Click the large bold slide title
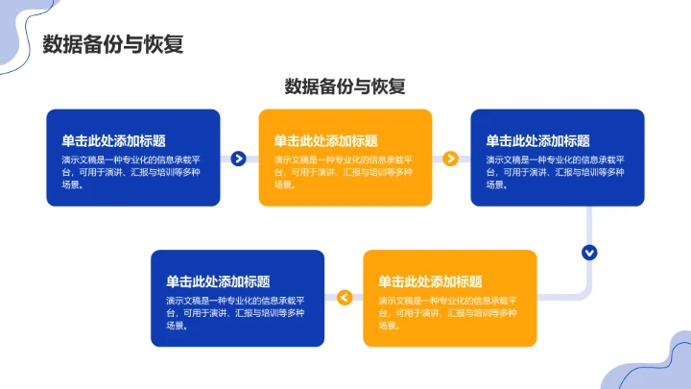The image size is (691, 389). [x=113, y=45]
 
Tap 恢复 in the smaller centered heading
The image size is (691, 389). [x=389, y=86]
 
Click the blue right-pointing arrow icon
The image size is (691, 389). [x=239, y=158]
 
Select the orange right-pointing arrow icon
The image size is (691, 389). [x=450, y=158]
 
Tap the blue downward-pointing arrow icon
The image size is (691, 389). [x=589, y=253]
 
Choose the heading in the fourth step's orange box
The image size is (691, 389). [x=430, y=281]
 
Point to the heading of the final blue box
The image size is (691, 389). [x=218, y=281]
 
